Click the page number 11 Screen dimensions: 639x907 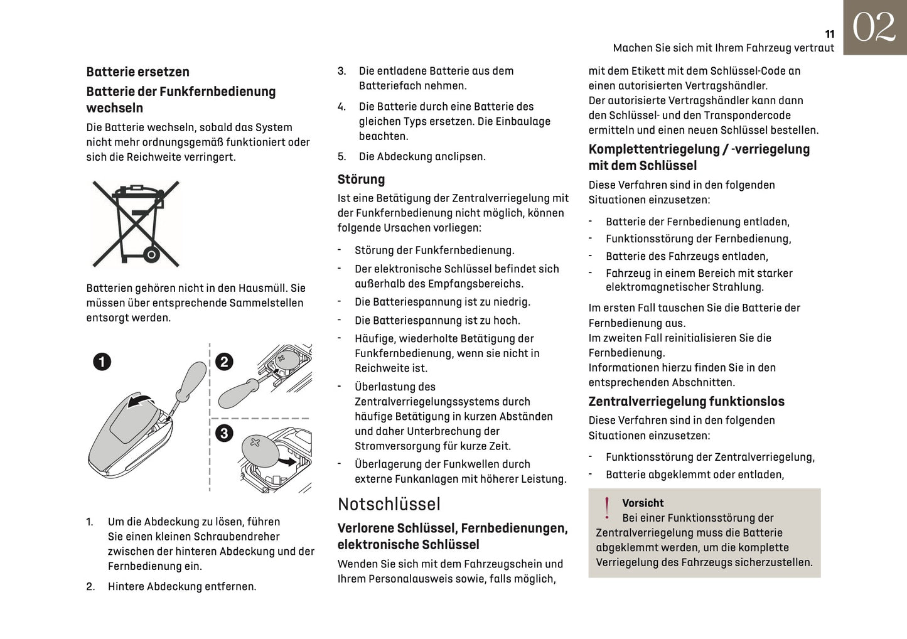(829, 35)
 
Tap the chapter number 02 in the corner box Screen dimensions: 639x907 (874, 28)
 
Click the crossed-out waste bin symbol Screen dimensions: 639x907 (136, 223)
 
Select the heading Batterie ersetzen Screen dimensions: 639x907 (137, 72)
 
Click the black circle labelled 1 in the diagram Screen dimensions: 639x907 (102, 362)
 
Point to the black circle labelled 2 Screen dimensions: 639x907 (224, 362)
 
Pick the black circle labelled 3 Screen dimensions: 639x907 (224, 432)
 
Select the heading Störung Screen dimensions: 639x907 (361, 180)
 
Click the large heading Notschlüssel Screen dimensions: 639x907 (389, 504)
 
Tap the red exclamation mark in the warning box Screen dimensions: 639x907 (606, 508)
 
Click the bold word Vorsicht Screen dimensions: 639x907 (643, 503)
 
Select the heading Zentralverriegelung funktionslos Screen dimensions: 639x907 (686, 402)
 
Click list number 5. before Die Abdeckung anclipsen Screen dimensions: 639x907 (341, 156)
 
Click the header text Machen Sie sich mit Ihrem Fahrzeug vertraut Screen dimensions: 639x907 (723, 48)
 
